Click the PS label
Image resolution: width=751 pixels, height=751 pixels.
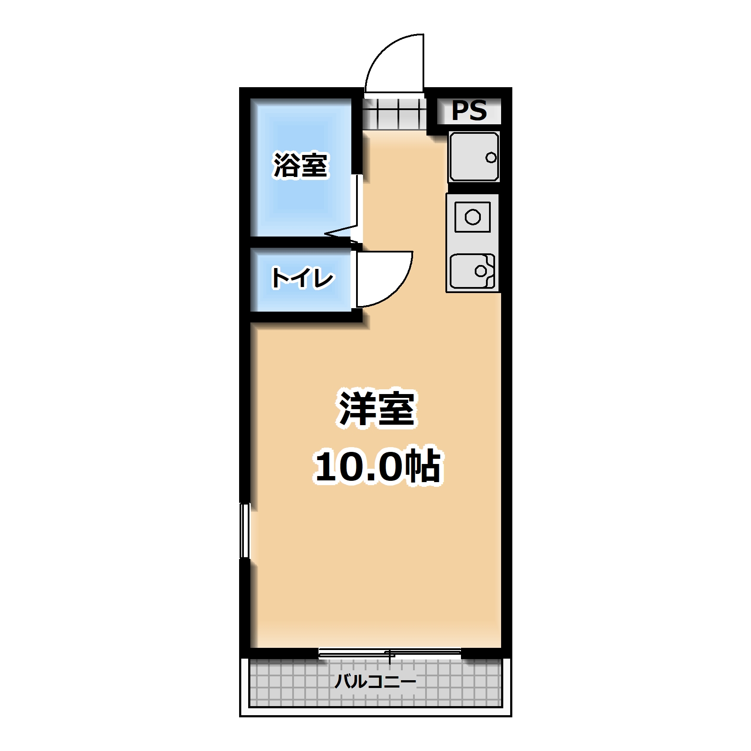tap(469, 111)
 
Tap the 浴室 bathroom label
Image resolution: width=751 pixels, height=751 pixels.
tap(301, 165)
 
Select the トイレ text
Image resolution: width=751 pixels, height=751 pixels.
tap(303, 278)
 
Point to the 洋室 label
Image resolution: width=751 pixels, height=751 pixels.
tap(377, 409)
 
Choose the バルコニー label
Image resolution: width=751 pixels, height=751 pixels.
tap(375, 682)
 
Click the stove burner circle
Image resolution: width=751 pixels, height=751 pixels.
tap(473, 217)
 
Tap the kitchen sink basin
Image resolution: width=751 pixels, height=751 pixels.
tap(472, 271)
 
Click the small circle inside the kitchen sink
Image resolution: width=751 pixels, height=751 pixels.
tap(480, 271)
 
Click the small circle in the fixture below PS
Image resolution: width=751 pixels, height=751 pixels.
tap(491, 158)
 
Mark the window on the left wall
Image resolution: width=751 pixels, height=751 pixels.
tap(245, 530)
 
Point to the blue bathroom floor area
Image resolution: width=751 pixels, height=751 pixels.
tap(301, 203)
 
